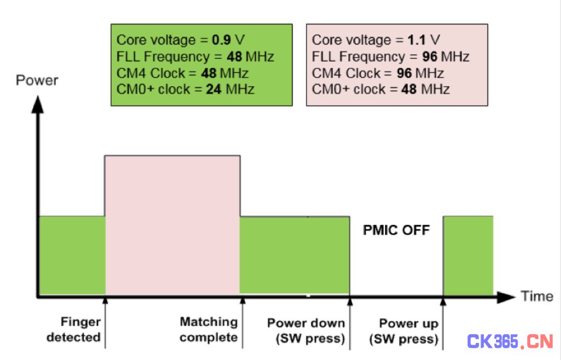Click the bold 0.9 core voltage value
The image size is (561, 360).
(221, 40)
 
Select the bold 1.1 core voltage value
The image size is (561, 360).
(416, 40)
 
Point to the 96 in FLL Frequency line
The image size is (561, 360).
(430, 57)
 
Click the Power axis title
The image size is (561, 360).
(37, 80)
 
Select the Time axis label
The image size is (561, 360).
(537, 296)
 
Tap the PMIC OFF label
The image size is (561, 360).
(396, 230)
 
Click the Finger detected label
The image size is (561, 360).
(74, 329)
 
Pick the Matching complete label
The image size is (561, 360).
(209, 329)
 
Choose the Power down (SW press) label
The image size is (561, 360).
(306, 330)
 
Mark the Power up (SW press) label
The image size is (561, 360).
(404, 331)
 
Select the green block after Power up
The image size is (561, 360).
(468, 255)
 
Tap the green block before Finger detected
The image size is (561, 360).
(72, 255)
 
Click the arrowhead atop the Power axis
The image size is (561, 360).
(38, 104)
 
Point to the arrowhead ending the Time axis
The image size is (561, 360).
(506, 297)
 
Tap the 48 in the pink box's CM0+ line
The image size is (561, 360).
(409, 89)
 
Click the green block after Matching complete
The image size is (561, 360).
(294, 256)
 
